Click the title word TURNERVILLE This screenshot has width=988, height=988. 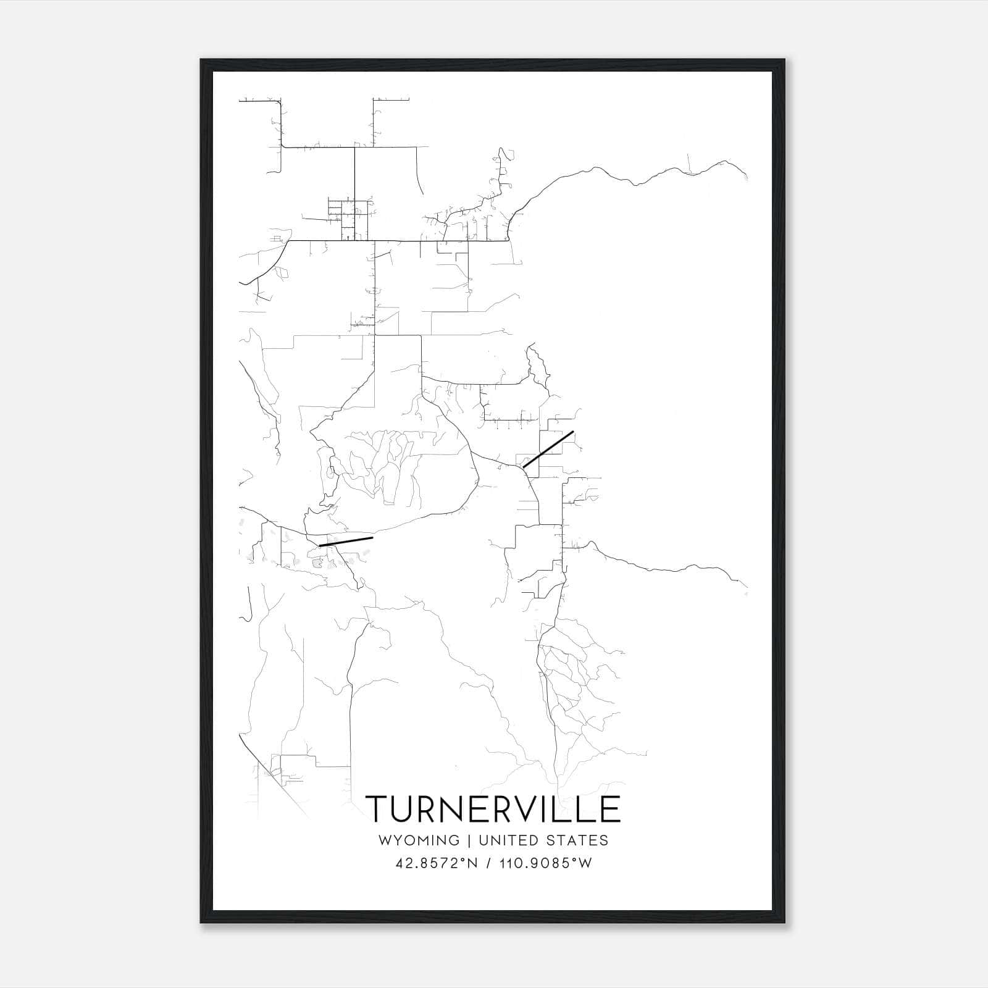pos(493,808)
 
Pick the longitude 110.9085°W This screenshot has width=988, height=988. pos(545,863)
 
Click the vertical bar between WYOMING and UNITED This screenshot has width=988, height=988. pos(469,840)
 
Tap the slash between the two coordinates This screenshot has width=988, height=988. pos(489,863)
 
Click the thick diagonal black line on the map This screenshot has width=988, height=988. pos(548,450)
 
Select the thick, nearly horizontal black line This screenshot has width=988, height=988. pos(346,542)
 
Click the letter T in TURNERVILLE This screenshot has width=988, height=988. pos(377,808)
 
